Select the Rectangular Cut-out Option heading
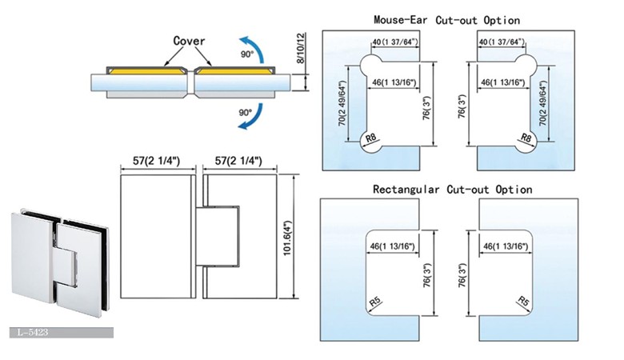[453, 190]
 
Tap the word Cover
[190, 40]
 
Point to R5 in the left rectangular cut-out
[373, 302]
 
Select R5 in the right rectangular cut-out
[524, 302]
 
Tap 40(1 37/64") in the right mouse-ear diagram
[501, 41]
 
